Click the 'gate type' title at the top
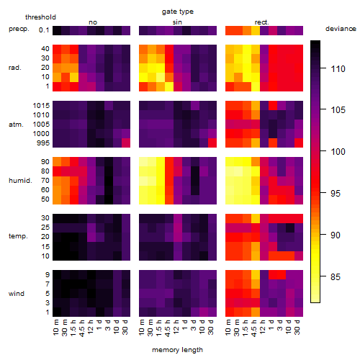pyautogui.click(x=178, y=12)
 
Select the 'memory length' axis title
pyautogui.click(x=177, y=350)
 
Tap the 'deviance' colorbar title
pyautogui.click(x=341, y=29)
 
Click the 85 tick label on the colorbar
pyautogui.click(x=336, y=277)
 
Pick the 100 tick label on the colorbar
pyautogui.click(x=338, y=152)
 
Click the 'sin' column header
pyautogui.click(x=177, y=22)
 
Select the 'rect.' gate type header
pyautogui.click(x=262, y=22)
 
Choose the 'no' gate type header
pyautogui.click(x=93, y=22)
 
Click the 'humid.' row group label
pyautogui.click(x=20, y=181)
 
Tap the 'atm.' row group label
pyautogui.click(x=16, y=125)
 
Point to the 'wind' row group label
pyautogui.click(x=17, y=294)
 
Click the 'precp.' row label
pyautogui.click(x=19, y=29)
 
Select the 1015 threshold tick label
pyautogui.click(x=41, y=106)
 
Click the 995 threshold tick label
pyautogui.click(x=43, y=143)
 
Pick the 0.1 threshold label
pyautogui.click(x=44, y=30)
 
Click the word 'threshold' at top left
pyautogui.click(x=40, y=17)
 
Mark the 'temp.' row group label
pyautogui.click(x=18, y=236)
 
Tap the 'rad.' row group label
pyautogui.click(x=15, y=68)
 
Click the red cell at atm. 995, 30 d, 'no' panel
pyautogui.click(x=126, y=143)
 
